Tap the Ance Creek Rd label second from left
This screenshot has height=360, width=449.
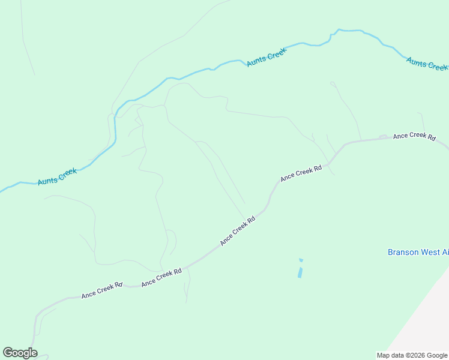tap(161, 277)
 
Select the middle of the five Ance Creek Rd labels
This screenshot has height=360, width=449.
tap(238, 230)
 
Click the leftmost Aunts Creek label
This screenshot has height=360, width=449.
tap(57, 176)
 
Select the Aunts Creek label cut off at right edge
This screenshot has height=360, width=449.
tap(427, 63)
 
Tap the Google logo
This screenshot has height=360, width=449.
tap(20, 353)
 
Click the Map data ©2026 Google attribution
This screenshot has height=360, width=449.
tap(412, 355)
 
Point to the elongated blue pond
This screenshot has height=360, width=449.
tap(300, 272)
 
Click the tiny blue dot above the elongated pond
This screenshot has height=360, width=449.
tap(301, 260)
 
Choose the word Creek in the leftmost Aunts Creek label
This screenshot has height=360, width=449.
tap(67, 173)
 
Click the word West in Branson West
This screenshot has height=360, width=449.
tap(428, 252)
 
